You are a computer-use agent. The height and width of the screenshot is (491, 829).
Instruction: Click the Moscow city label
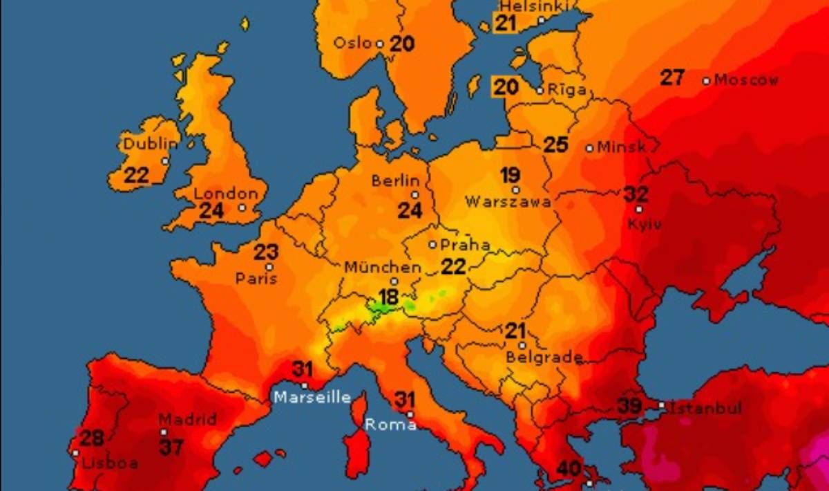pos(746,80)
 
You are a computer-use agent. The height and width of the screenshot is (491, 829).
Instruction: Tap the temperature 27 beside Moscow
pos(672,77)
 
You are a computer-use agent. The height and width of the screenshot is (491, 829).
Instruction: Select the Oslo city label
pos(353,43)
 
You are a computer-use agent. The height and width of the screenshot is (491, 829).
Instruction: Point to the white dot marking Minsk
pos(589,148)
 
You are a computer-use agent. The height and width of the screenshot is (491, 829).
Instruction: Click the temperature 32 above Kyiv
pos(636,194)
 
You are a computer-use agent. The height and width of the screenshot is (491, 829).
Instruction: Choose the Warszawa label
pos(508,202)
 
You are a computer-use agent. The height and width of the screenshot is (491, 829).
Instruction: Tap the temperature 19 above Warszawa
pos(511,174)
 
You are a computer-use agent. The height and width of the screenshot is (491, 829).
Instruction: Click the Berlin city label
pos(396,180)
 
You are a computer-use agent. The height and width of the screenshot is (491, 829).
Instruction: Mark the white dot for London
pos(242,207)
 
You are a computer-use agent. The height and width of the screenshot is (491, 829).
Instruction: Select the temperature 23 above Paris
pos(266,252)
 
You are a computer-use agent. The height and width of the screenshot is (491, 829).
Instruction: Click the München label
pos(382,267)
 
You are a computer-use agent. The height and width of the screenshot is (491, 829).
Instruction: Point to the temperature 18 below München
pos(388,297)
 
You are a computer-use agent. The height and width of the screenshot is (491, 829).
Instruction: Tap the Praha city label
pos(465,245)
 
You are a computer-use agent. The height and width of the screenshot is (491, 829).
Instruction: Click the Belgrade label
pos(544,358)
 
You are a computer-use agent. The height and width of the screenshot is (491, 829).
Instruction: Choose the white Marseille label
pos(312,398)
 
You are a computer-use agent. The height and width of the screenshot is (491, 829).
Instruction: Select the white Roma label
pos(390,425)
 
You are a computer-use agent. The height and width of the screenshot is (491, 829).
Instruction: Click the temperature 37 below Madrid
pos(171,447)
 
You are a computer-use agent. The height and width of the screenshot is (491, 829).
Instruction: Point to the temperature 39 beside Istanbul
pos(629,405)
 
